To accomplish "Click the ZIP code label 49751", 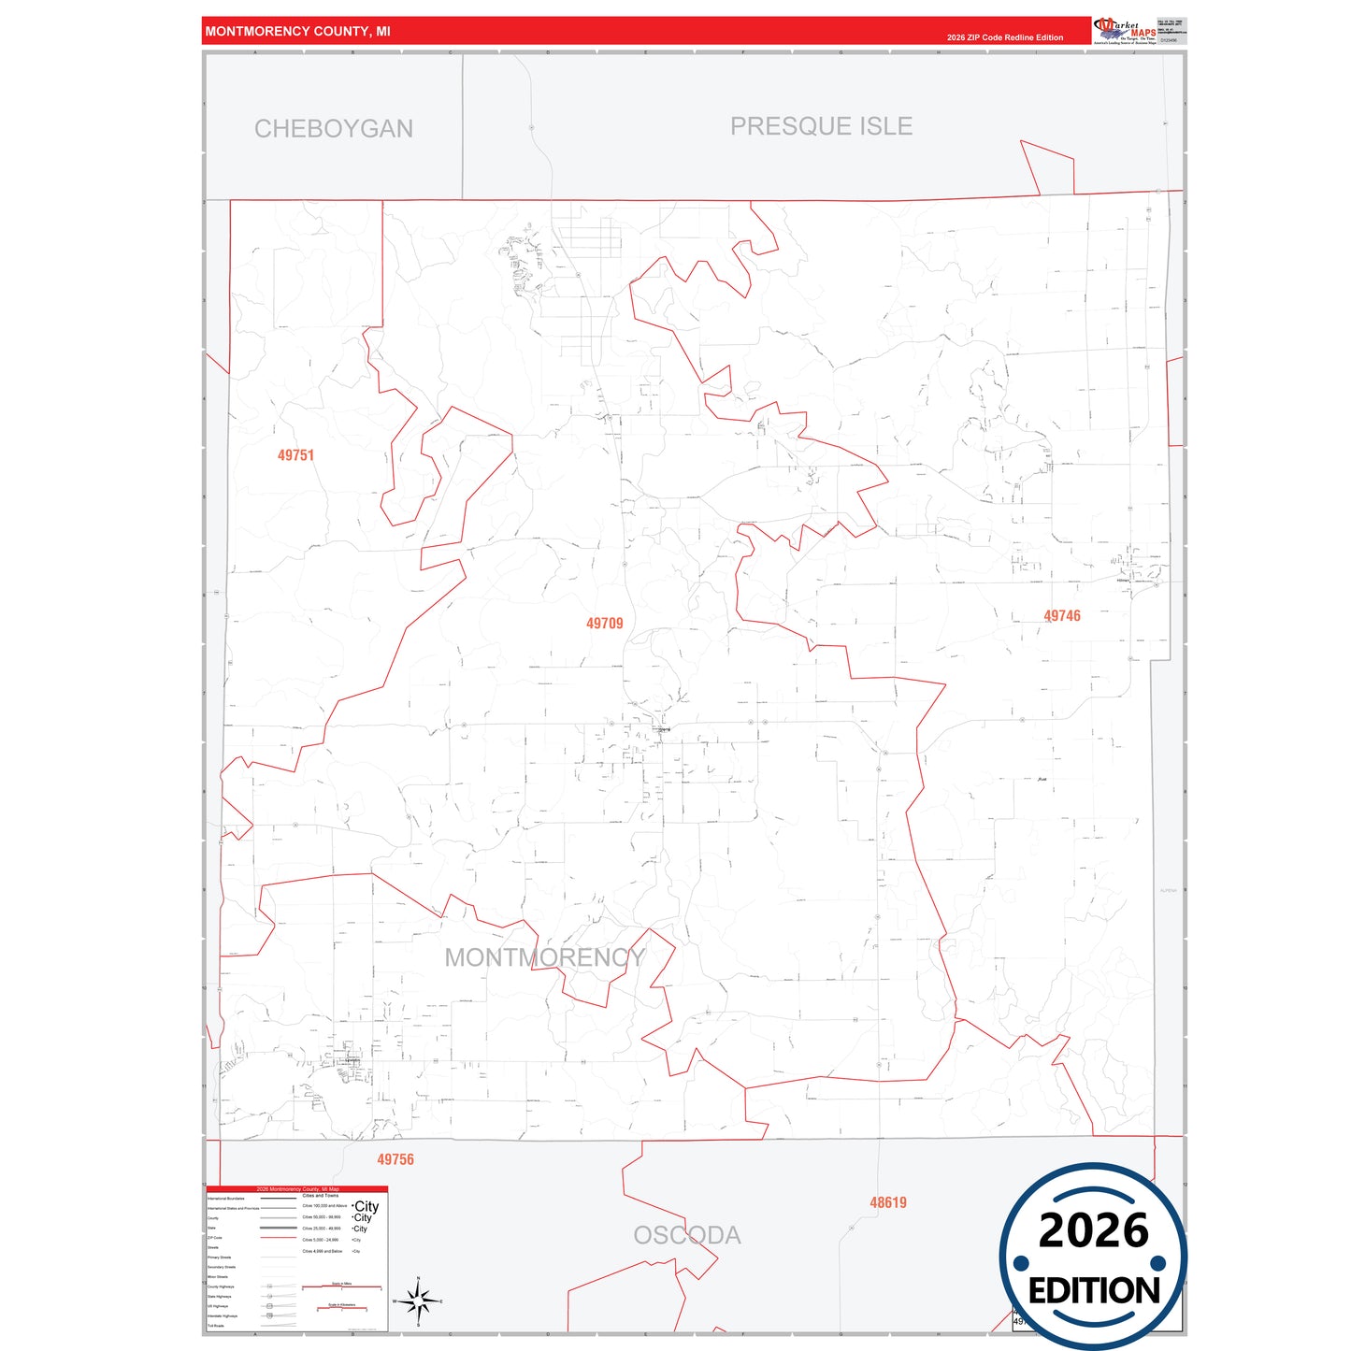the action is [295, 455].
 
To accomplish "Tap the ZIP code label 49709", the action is [604, 624].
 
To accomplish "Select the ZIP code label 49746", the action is [1062, 616].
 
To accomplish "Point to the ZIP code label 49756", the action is [395, 1159].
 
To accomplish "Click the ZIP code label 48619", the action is [888, 1202].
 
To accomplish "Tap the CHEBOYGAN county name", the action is [334, 129].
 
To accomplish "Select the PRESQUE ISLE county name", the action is [821, 126].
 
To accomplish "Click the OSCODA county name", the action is [687, 1235].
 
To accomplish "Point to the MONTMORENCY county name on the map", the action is [544, 957].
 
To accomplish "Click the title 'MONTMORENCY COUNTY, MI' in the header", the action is [297, 32].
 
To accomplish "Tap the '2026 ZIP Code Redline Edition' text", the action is [1005, 37].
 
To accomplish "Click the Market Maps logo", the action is [1125, 30].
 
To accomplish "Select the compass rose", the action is [418, 1301].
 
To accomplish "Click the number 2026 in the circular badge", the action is [1093, 1230].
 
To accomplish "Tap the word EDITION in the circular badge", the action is [1094, 1291].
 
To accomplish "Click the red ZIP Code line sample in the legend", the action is [279, 1238].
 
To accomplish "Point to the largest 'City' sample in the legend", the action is [366, 1206].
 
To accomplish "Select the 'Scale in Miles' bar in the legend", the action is [341, 1287].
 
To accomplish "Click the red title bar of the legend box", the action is [297, 1189].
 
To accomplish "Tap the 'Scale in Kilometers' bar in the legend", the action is [341, 1308].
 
